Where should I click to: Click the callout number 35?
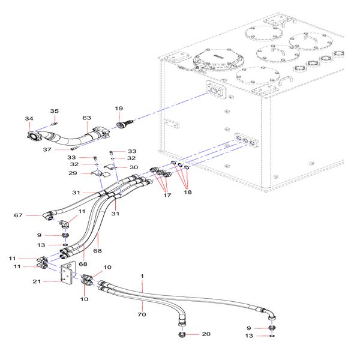tap(54, 111)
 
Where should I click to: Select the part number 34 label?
tap(29, 118)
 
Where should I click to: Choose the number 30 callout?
tap(133, 167)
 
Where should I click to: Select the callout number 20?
tap(206, 334)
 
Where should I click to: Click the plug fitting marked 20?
tap(182, 334)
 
